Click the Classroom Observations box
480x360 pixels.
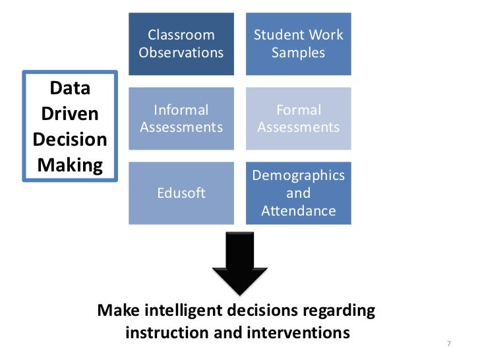tap(181, 44)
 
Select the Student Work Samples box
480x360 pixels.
tap(298, 44)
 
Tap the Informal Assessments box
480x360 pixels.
tap(181, 118)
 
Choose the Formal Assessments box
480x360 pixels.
tap(298, 118)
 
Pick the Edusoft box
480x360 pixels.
tap(181, 193)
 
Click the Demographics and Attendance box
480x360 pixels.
tap(298, 193)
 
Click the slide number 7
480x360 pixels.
tap(448, 344)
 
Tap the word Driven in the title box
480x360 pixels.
tap(70, 114)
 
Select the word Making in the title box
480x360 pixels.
tap(70, 165)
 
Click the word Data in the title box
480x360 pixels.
tap(70, 89)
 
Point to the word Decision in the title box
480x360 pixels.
tap(70, 140)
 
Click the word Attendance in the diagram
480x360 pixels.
tap(298, 211)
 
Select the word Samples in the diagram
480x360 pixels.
tap(298, 52)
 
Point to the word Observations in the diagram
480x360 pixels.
tap(181, 52)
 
